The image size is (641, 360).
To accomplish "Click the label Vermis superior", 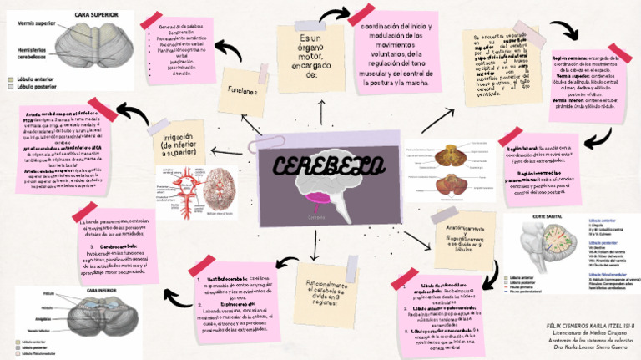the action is pos(34,24).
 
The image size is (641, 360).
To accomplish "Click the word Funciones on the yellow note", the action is pos(240,91).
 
